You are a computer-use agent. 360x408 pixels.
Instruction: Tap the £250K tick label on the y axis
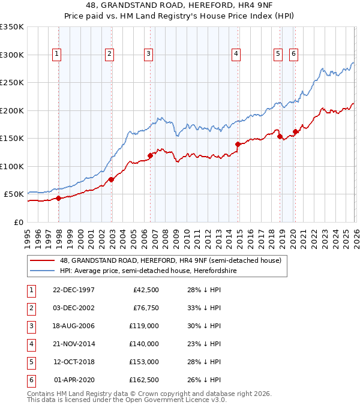click(x=12, y=83)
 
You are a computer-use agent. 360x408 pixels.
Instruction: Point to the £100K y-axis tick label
click(x=12, y=166)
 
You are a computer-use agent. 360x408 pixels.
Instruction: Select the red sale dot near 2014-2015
click(x=238, y=144)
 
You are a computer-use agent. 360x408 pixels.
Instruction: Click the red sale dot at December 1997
click(x=59, y=198)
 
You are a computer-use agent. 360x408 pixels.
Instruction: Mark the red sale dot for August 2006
click(x=151, y=156)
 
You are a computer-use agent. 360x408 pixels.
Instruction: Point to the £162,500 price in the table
click(x=144, y=380)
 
